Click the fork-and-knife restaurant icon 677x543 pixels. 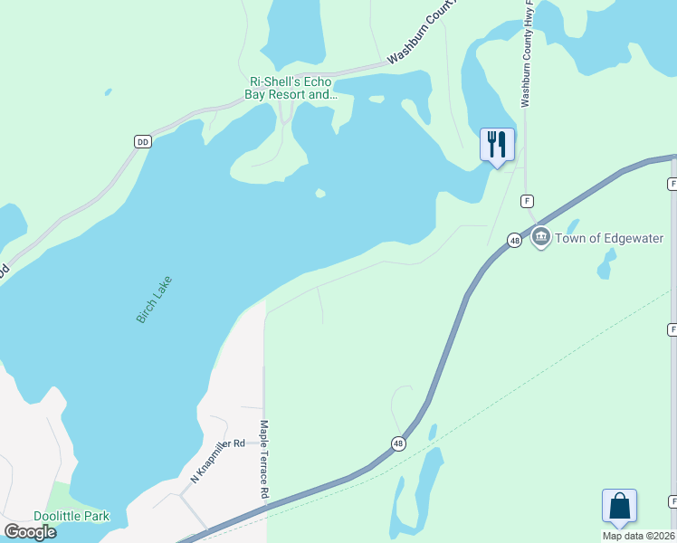point(497,145)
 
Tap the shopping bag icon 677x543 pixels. point(619,506)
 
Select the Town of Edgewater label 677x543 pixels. point(610,239)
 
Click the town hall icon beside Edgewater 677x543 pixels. point(541,238)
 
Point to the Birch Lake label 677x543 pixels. point(154,300)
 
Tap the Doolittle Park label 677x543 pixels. point(72,516)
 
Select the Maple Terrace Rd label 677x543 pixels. point(264,459)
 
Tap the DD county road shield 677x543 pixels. point(142,142)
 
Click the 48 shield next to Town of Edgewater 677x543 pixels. point(514,241)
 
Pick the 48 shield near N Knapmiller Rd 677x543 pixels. point(398,443)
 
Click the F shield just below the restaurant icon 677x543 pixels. point(526,200)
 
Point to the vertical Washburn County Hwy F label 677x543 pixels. point(527,54)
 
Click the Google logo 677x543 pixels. point(31,531)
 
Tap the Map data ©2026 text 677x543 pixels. point(639,536)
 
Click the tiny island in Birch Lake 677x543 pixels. point(319,193)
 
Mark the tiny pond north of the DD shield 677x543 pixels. point(108,91)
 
